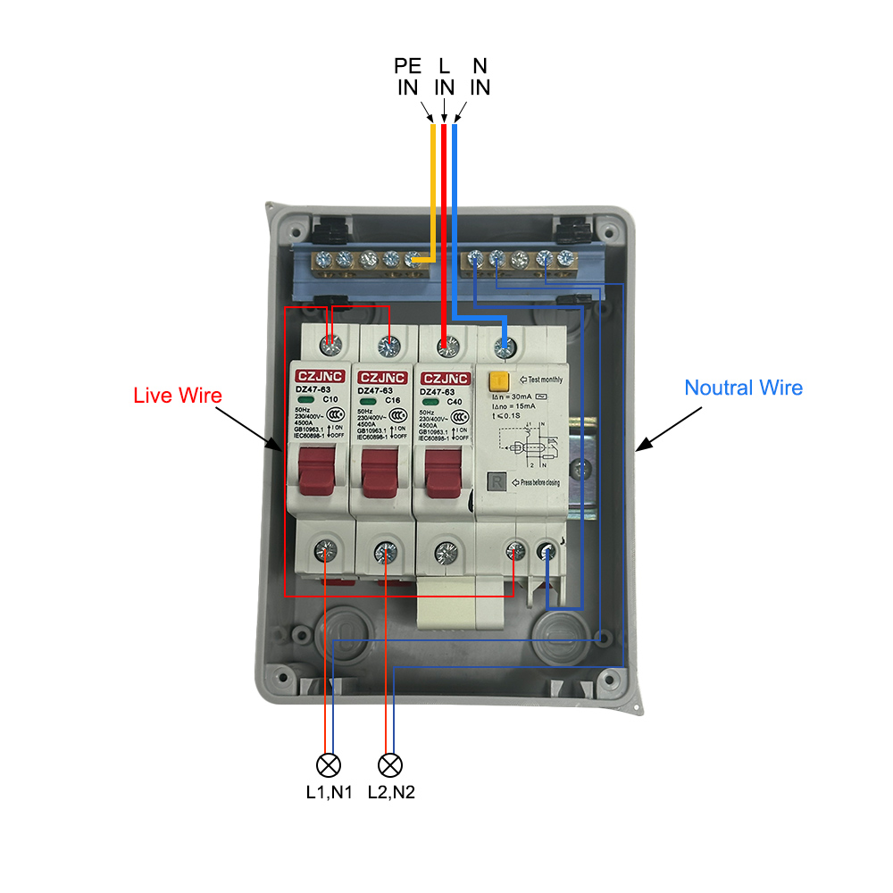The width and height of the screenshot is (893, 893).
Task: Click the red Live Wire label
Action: (x=177, y=395)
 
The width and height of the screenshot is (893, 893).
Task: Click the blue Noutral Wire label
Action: (x=743, y=388)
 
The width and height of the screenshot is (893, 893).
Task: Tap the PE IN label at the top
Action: (x=407, y=77)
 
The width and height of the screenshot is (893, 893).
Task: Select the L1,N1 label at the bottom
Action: (x=330, y=791)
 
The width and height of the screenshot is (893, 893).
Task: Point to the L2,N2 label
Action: (x=390, y=791)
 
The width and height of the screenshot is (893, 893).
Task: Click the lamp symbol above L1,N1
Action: (x=330, y=764)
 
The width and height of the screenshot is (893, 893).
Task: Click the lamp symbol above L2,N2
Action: (x=390, y=764)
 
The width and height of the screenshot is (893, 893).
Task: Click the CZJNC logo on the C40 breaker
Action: (x=445, y=378)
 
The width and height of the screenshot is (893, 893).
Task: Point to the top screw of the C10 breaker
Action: (x=330, y=342)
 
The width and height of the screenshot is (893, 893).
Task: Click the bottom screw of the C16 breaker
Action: (x=386, y=551)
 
